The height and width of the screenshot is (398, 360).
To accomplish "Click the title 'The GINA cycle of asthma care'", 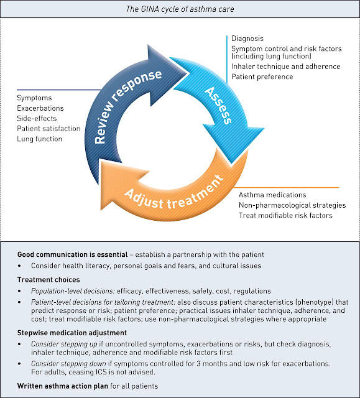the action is [x=180, y=9].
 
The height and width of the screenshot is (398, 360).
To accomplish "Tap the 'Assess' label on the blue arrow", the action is [x=218, y=105].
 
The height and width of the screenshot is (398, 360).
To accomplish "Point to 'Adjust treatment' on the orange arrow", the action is [x=175, y=193].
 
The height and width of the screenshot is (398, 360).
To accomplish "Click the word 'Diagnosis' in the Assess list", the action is [x=247, y=39].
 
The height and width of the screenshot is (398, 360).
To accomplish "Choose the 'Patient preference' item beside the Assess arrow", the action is [x=262, y=76].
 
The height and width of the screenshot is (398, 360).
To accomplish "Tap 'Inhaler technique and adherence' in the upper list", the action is [x=285, y=67].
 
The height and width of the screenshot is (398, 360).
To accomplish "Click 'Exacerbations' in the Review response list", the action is [x=40, y=108].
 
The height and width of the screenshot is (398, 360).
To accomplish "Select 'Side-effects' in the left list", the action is [x=37, y=118].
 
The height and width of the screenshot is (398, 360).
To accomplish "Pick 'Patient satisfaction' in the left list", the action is [x=48, y=129].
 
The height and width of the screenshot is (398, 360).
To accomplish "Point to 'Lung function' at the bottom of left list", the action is [x=40, y=139].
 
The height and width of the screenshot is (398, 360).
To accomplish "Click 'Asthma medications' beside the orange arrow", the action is [x=272, y=195].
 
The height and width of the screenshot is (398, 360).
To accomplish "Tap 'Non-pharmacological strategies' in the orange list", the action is [x=292, y=205].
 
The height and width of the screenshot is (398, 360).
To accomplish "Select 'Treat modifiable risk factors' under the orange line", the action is [x=285, y=216].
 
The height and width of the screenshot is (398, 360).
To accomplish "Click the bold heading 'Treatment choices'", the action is [x=48, y=280].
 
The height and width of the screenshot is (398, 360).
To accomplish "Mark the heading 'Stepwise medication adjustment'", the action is [x=72, y=333].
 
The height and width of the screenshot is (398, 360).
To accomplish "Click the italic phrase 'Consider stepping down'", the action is [x=68, y=364].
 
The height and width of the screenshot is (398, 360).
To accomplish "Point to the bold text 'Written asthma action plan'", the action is [x=63, y=386].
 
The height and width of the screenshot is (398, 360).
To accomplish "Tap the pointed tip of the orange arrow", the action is [x=101, y=210].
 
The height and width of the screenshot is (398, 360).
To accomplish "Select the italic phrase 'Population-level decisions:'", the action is [x=73, y=291].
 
